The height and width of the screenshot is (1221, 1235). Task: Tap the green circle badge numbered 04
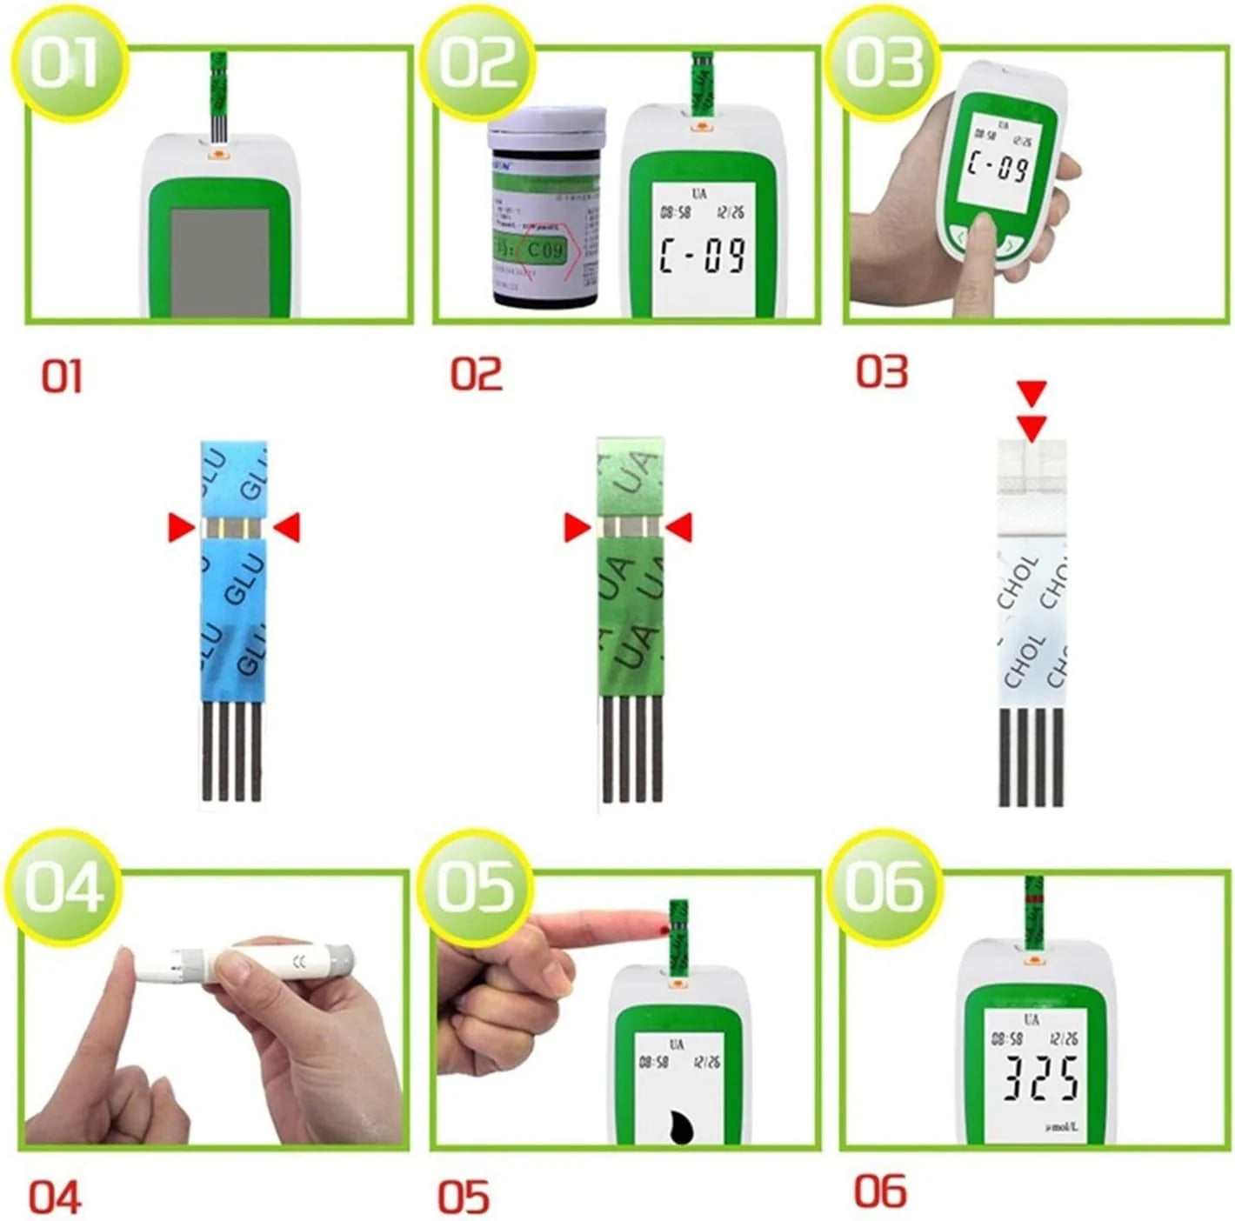63,887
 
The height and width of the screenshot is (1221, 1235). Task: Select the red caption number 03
882,371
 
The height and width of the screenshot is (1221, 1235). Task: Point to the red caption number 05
464,1197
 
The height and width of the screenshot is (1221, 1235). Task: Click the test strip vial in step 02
545,209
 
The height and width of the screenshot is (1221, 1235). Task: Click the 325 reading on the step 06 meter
1040,1079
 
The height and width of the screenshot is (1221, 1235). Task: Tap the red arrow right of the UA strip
678,527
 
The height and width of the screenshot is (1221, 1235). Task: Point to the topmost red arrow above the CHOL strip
1032,393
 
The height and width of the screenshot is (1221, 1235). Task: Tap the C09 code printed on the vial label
545,250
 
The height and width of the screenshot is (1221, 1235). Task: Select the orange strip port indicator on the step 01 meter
218,157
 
